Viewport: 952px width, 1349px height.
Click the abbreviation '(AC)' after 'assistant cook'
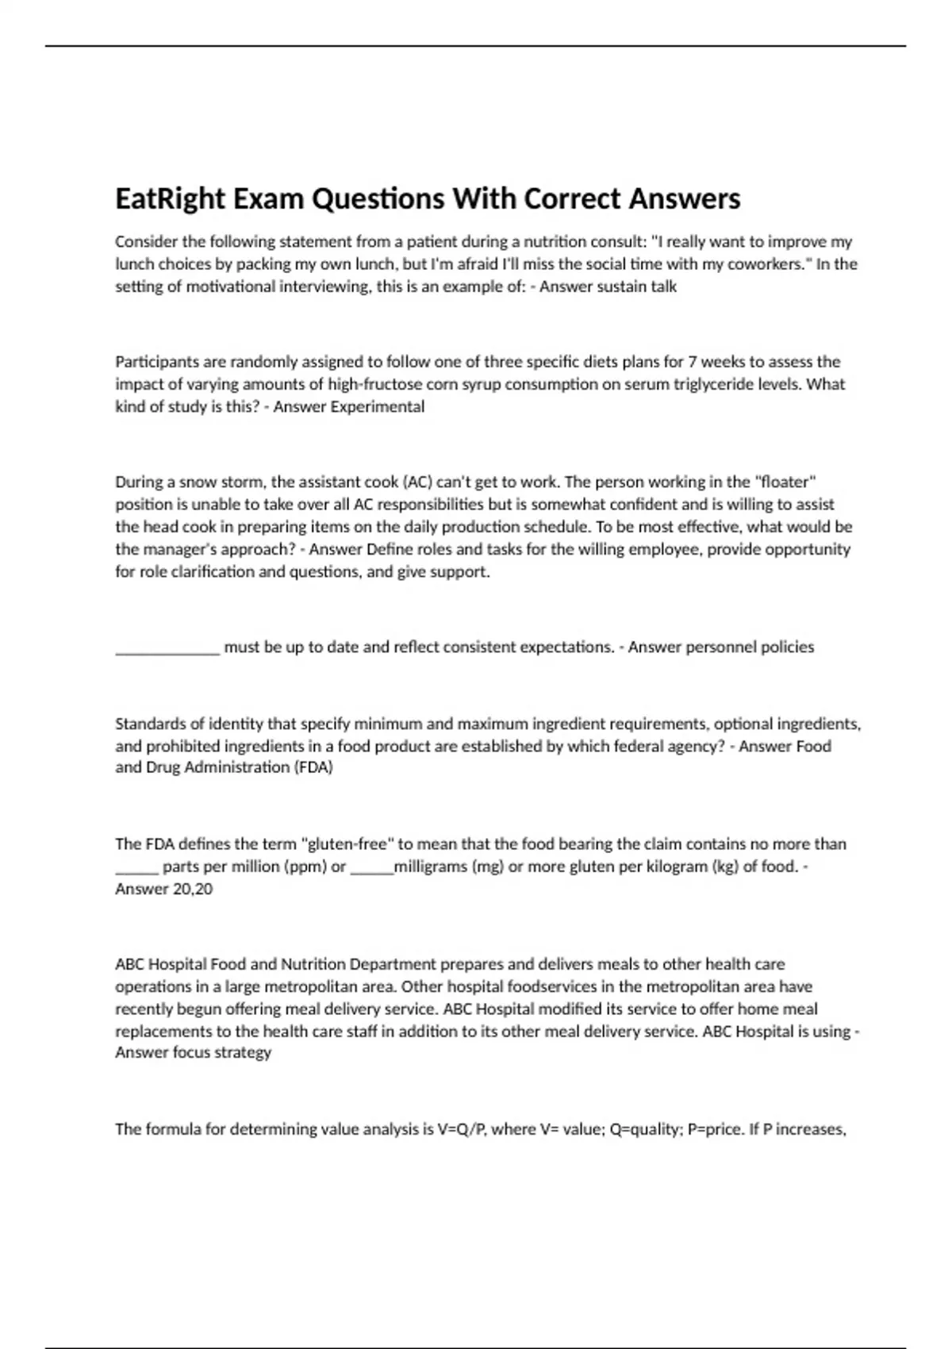(417, 482)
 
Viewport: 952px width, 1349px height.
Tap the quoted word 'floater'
(786, 482)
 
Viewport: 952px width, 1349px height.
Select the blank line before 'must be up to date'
(167, 648)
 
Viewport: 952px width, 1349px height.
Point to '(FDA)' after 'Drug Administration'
(314, 767)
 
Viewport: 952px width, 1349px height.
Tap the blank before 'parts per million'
(136, 867)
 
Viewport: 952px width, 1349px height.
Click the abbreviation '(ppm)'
(305, 867)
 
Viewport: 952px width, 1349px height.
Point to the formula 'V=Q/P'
(460, 1129)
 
